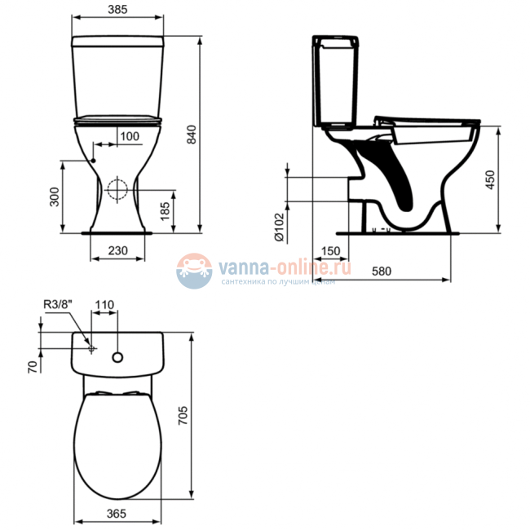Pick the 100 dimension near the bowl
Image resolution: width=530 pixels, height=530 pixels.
point(129,135)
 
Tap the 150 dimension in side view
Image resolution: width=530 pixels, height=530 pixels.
point(330,250)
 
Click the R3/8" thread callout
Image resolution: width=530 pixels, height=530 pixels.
point(59,305)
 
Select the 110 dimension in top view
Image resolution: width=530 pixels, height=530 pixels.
point(104,304)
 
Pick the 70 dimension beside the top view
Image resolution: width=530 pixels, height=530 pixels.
point(33,365)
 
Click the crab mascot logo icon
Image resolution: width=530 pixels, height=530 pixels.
point(193,271)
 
